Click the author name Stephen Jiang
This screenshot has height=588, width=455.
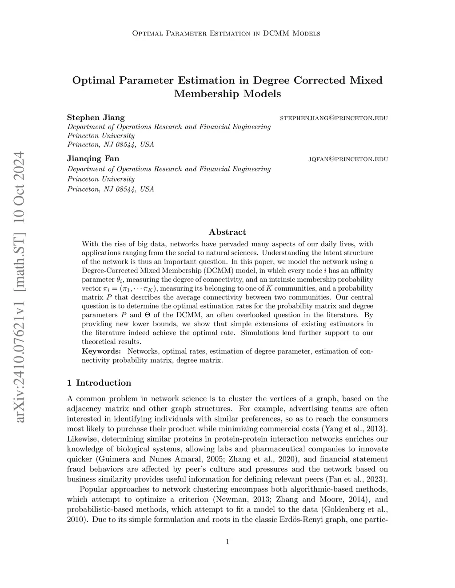click(x=96, y=118)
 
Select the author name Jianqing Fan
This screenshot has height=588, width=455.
click(x=93, y=158)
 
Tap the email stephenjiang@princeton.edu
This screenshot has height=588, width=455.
click(x=334, y=118)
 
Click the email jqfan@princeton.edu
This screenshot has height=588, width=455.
click(x=348, y=159)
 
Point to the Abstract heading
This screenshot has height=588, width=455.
click(x=227, y=232)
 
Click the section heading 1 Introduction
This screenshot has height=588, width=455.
click(x=99, y=383)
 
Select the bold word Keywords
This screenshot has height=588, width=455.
click(x=101, y=351)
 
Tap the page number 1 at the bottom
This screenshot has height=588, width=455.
click(x=227, y=541)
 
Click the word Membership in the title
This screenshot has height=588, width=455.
click(x=203, y=94)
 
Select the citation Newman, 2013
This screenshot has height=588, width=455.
click(x=240, y=499)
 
